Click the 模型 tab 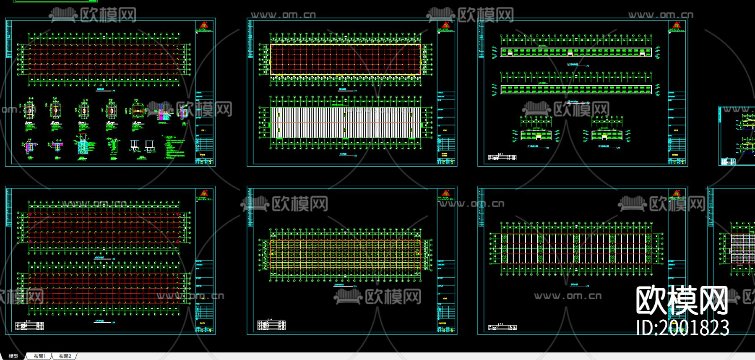[x=13, y=356]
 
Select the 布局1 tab [x=39, y=356]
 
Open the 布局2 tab [x=65, y=356]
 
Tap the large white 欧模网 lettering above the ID [x=682, y=300]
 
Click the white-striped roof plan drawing [x=345, y=123]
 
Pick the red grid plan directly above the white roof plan [x=345, y=59]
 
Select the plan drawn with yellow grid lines [x=345, y=255]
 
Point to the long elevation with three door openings [x=576, y=52]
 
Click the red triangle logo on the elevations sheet [x=676, y=25]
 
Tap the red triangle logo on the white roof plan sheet [x=445, y=25]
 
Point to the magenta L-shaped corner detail [x=30, y=146]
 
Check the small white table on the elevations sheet [x=502, y=158]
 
